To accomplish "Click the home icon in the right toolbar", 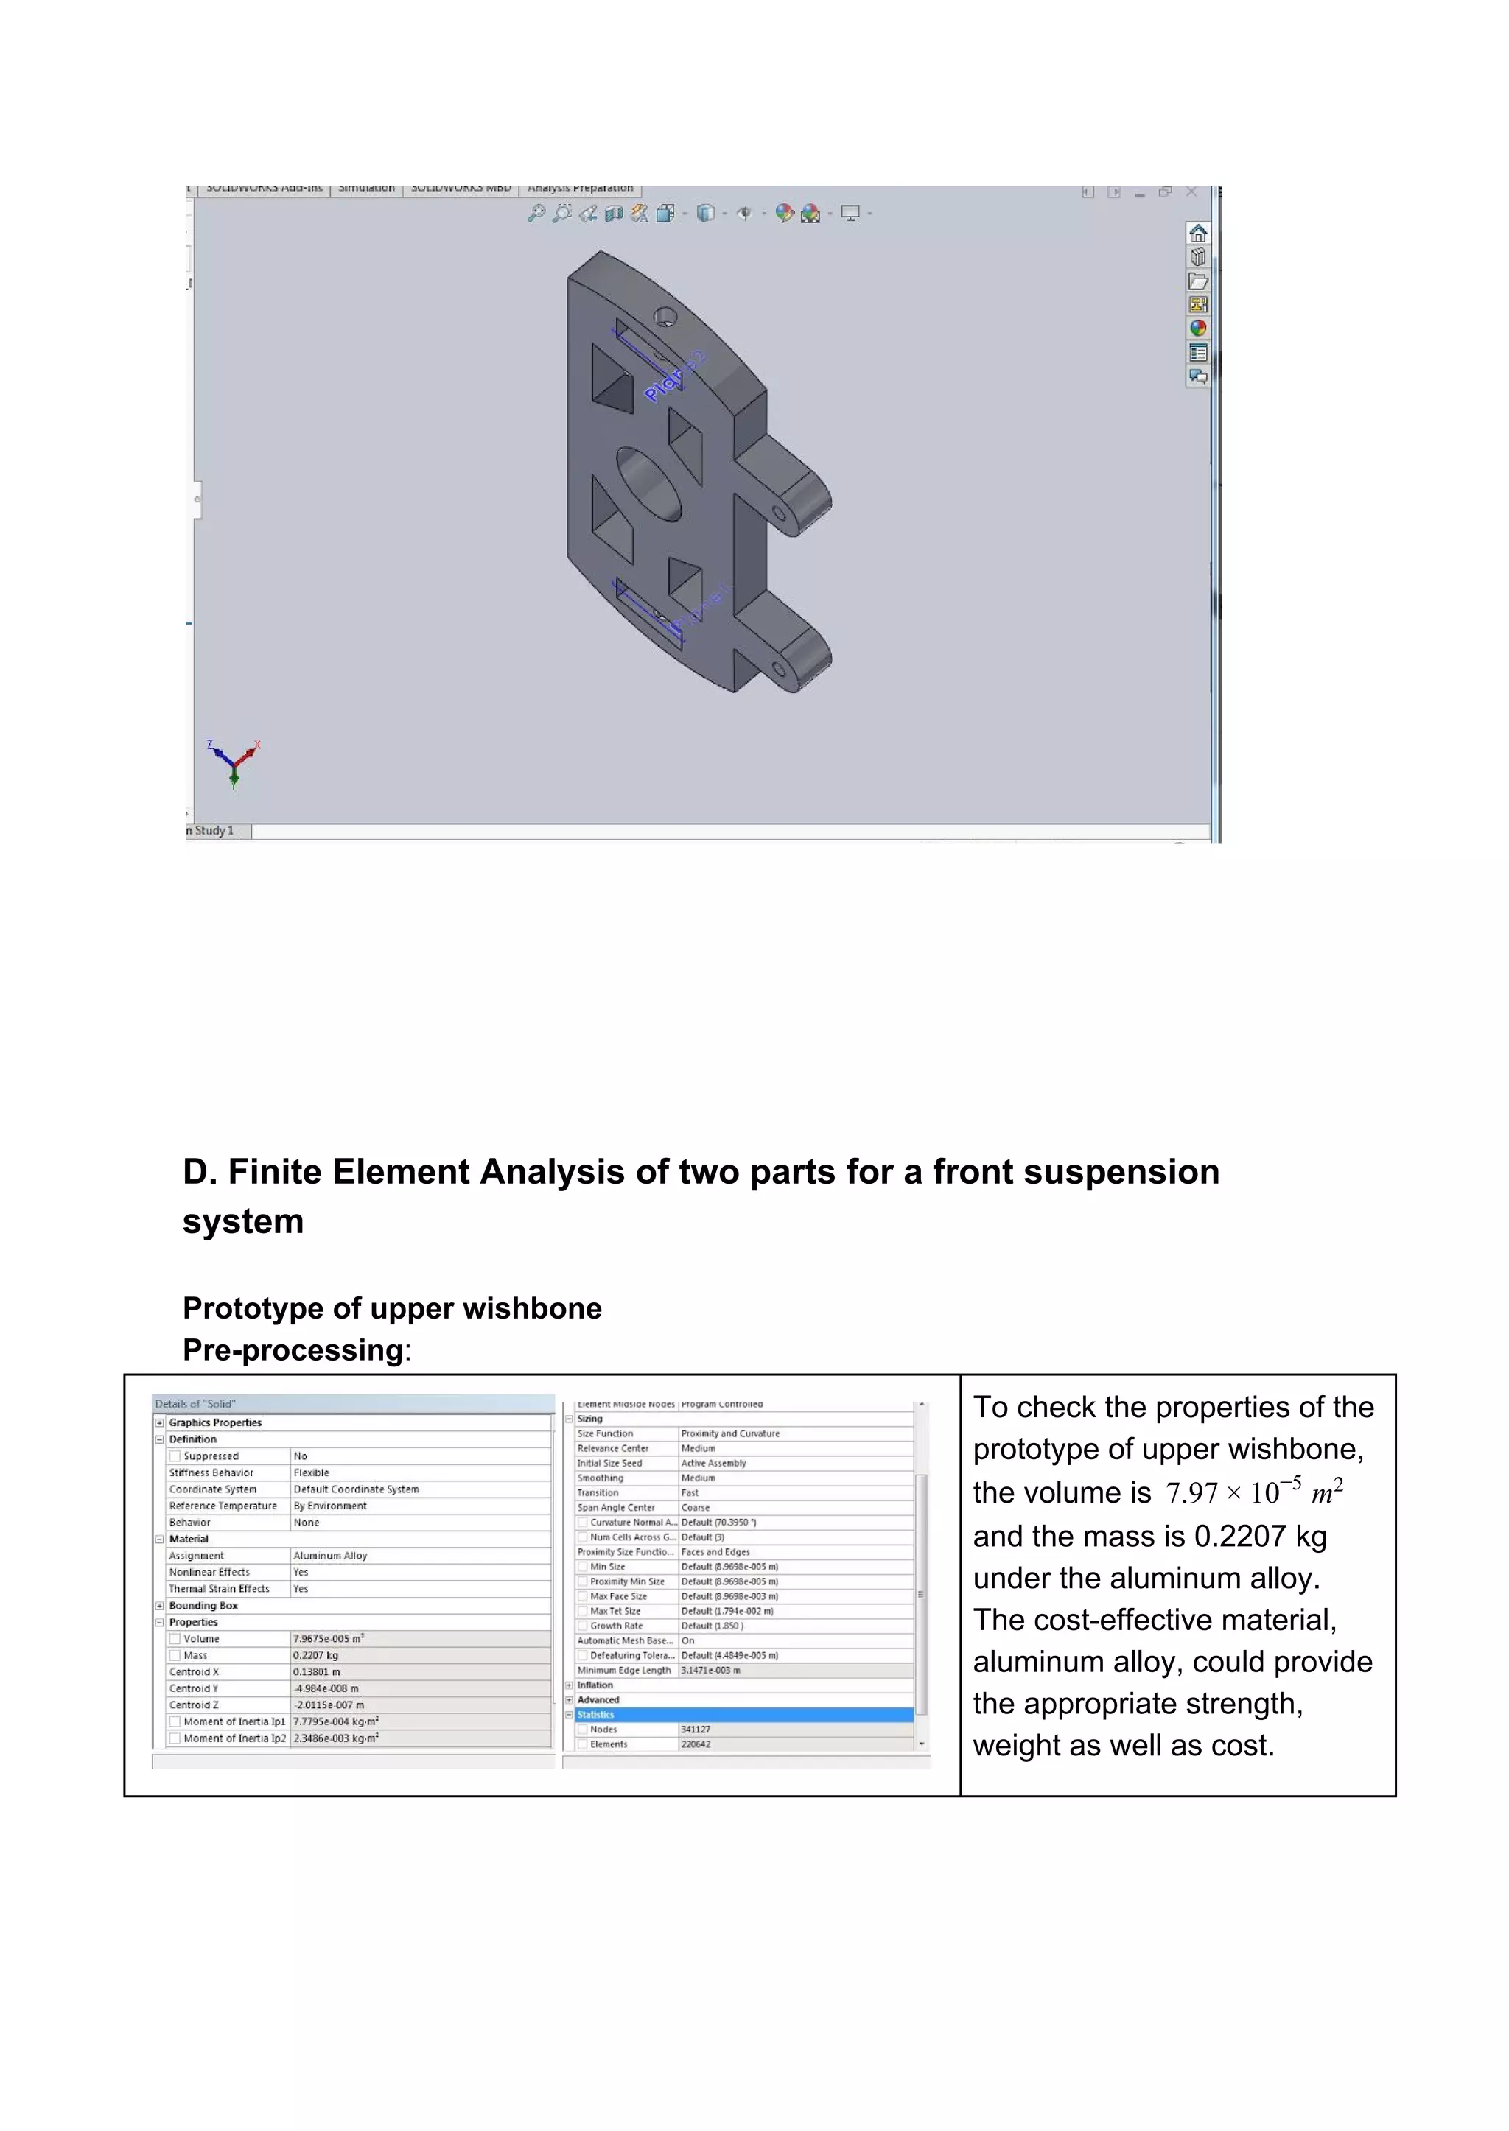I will coord(1198,234).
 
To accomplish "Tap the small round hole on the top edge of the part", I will coord(665,317).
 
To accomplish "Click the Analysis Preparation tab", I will coord(580,189).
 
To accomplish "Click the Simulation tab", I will coord(366,189).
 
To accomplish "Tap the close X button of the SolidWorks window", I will coord(1191,192).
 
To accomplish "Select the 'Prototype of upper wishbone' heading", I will coord(392,1308).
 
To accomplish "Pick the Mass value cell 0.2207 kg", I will coord(316,1655).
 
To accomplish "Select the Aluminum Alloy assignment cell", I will coord(330,1556).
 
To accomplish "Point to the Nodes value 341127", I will coord(696,1730).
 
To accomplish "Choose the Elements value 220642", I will coord(696,1744).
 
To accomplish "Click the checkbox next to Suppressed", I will coord(175,1456).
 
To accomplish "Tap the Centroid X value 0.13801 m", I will coord(317,1672).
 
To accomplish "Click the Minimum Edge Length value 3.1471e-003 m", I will coord(711,1670).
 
